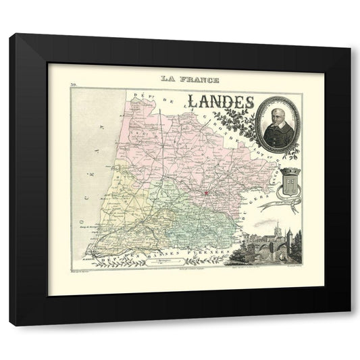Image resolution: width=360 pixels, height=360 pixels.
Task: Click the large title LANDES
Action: coord(221,100)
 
